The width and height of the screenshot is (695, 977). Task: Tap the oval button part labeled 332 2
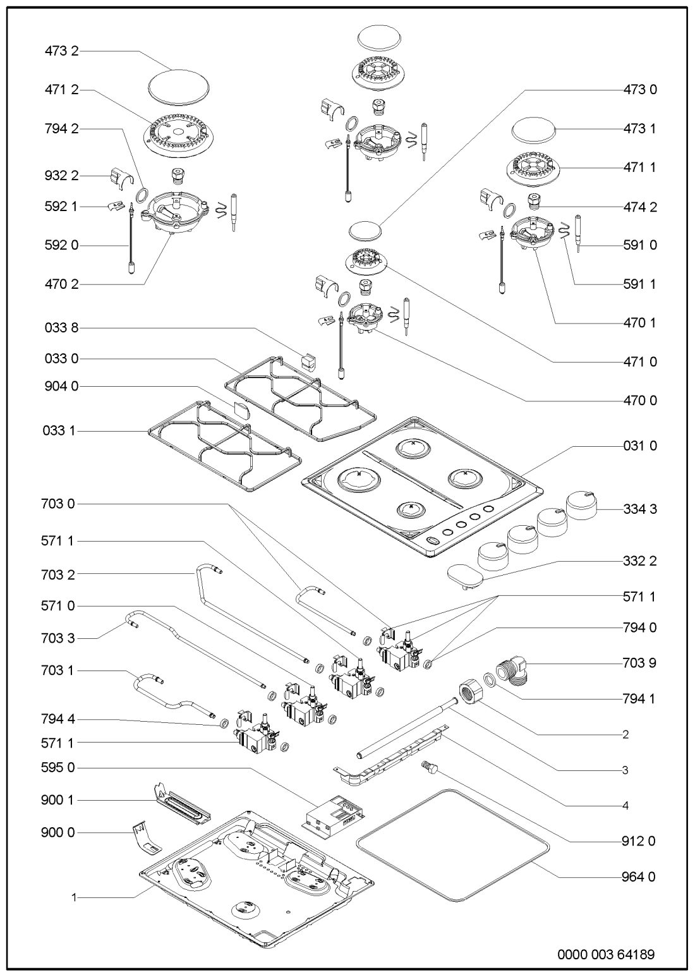(x=464, y=576)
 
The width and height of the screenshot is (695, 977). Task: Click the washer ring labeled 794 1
(x=490, y=680)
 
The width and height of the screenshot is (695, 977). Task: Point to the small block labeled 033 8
(x=309, y=361)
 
